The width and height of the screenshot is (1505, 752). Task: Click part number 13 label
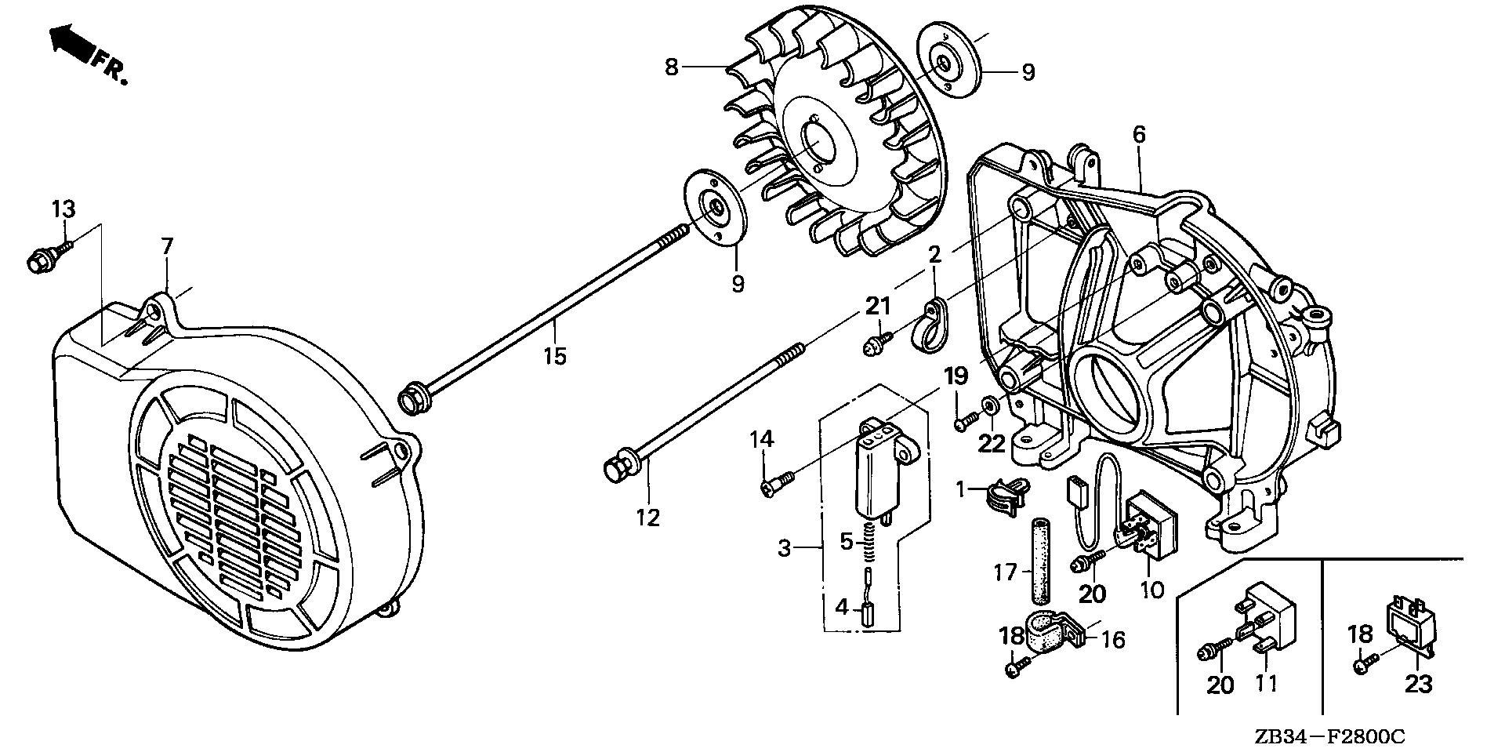point(63,209)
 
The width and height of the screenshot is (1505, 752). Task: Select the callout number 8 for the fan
point(671,67)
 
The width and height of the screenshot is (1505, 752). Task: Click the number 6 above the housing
point(1138,135)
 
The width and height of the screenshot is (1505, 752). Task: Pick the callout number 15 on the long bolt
point(554,356)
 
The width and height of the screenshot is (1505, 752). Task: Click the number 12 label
point(649,518)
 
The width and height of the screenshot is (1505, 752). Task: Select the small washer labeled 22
point(991,405)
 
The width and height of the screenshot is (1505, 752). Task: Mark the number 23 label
point(1418,684)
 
